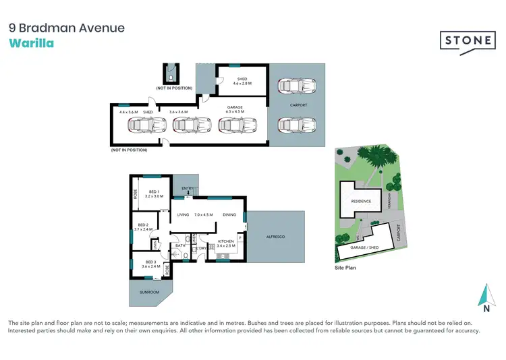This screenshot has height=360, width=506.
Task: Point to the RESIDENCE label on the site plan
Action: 361,201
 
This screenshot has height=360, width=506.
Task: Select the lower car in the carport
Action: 293,125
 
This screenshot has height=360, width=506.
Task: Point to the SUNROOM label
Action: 149,292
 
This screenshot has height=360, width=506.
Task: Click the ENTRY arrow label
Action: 188,189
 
